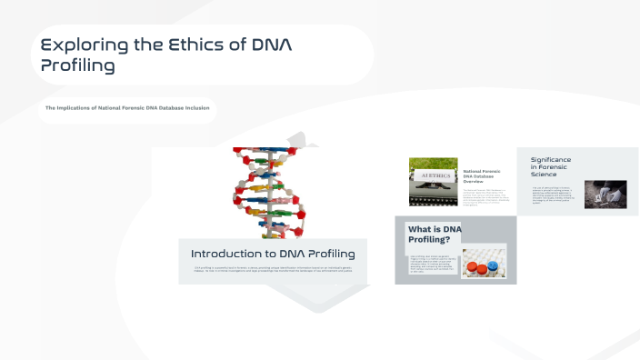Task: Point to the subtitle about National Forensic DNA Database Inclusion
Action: [x=127, y=108]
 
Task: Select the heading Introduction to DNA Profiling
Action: [x=273, y=254]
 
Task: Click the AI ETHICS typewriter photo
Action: [x=434, y=181]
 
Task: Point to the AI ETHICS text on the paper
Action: [x=434, y=178]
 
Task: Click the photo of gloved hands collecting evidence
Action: [x=599, y=195]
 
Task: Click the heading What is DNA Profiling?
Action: [x=435, y=235]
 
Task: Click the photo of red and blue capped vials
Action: [x=483, y=263]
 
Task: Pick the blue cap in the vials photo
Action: [x=495, y=265]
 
